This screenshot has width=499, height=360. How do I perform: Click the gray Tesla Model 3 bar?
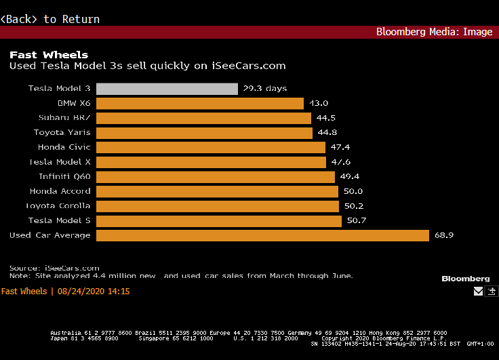pos(167,89)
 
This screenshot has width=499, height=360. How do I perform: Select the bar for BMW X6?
pos(200,103)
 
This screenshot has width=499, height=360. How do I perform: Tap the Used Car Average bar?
pos(262,235)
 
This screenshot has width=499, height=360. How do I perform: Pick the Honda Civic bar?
pos(211,147)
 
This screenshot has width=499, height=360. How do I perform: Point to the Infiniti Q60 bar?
pos(216,177)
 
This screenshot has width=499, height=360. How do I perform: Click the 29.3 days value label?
pos(265,89)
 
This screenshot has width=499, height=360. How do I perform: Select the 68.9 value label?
pos(444,235)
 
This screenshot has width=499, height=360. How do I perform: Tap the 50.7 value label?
pos(357,221)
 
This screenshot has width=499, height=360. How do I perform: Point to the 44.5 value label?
pos(326,118)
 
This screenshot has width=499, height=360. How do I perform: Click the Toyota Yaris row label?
pos(62,133)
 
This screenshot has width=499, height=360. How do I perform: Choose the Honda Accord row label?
pos(60,191)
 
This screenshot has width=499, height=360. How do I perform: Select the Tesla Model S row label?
pos(59,221)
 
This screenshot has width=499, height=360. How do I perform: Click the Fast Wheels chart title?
pos(49,55)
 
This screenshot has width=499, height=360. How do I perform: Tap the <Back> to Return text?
pos(50,19)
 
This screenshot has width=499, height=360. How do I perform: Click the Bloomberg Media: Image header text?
pos(434,32)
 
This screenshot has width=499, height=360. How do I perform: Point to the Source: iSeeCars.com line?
pos(54,268)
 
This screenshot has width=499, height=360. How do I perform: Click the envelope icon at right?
pos(479,292)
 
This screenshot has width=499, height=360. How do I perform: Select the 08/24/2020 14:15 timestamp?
pos(94,292)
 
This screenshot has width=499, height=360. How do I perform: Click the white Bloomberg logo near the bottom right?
pos(465,279)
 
